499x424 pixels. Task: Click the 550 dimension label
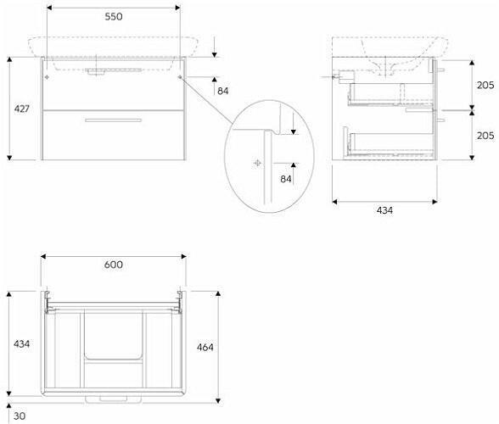114,17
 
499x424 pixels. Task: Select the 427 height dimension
22,109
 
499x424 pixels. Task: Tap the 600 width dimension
114,265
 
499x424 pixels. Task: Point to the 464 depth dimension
205,347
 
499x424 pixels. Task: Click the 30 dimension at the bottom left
20,416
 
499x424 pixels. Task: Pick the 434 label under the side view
384,210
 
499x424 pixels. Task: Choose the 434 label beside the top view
22,343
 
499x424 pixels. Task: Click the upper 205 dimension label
485,85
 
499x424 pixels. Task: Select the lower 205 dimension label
485,136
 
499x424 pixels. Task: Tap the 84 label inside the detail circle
286,179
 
